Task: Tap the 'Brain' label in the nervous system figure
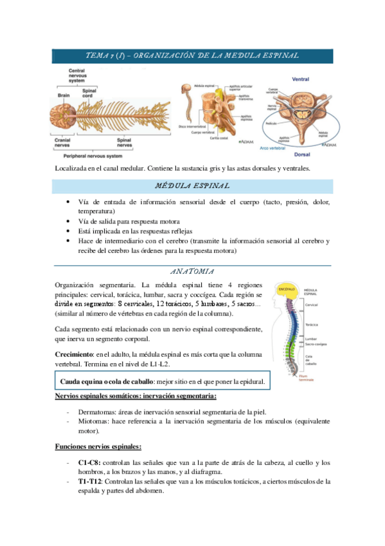click(x=63, y=95)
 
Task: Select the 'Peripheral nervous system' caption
click(x=98, y=156)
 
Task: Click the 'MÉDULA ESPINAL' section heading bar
click(x=193, y=187)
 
